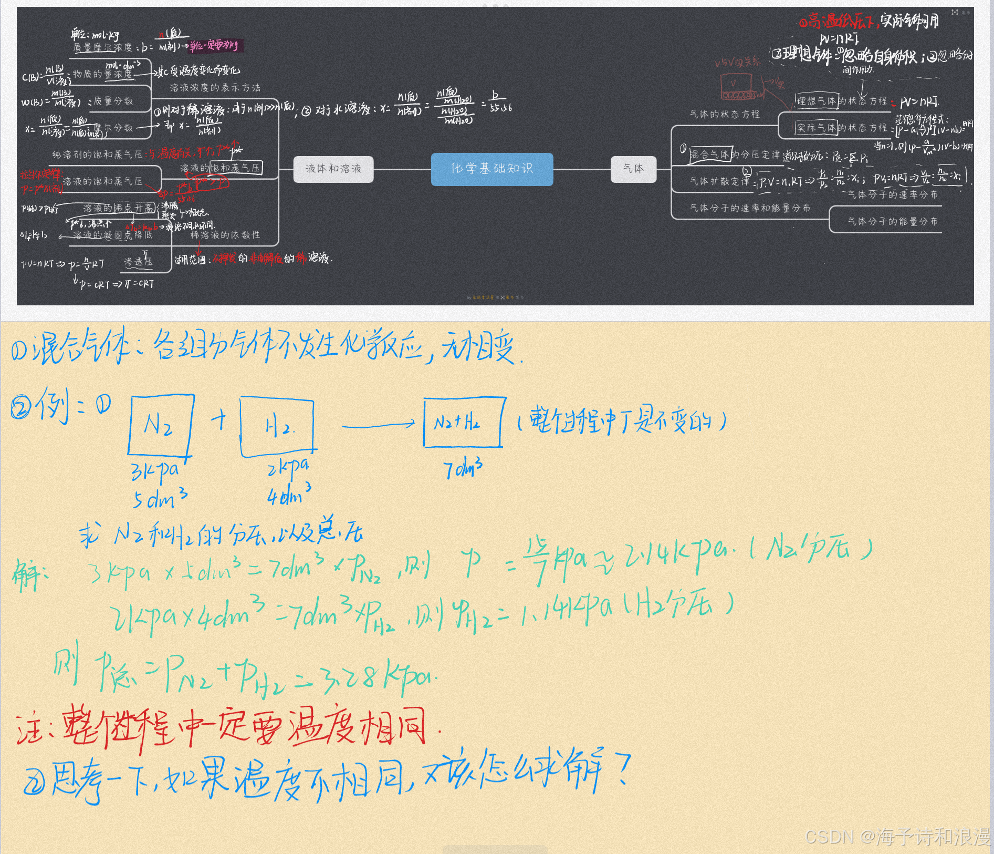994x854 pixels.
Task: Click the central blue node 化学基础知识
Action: [492, 169]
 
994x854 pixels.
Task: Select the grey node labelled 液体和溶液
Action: [333, 169]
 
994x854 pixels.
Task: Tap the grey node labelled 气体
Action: [633, 169]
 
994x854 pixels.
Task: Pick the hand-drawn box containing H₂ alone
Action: [277, 427]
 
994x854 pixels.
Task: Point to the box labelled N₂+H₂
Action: [464, 422]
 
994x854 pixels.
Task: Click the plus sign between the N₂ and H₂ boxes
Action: [219, 420]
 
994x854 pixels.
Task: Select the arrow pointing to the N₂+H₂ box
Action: [378, 425]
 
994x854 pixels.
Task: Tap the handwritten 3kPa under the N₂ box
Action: [155, 471]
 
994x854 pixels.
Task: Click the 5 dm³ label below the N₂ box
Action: [160, 498]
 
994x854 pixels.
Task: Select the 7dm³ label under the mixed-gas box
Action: [463, 468]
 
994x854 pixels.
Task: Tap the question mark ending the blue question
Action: [622, 769]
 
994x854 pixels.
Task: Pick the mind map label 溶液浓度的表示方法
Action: [215, 88]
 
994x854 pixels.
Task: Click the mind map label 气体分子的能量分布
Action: [893, 222]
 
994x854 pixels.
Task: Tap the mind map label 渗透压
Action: [138, 262]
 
